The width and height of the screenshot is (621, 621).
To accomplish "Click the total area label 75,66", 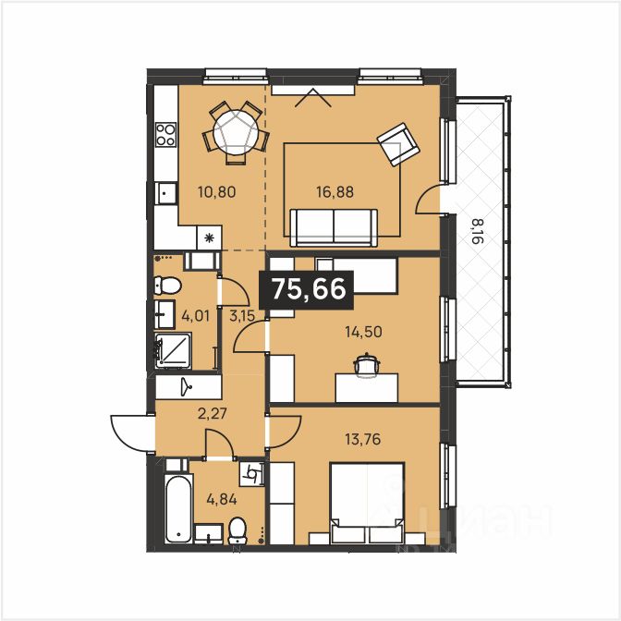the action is (x=310, y=288).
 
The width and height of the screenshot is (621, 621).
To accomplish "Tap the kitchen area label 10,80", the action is (x=217, y=192).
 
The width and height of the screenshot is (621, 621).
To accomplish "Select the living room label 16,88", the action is (x=335, y=192).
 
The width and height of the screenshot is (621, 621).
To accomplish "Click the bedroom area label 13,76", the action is (x=363, y=439).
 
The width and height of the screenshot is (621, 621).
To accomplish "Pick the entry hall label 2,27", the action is (x=213, y=414).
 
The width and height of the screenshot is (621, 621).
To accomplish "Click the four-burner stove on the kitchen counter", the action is (x=166, y=134).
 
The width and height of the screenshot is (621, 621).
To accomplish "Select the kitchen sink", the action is (x=166, y=193).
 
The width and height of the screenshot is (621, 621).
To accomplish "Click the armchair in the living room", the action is (x=397, y=144).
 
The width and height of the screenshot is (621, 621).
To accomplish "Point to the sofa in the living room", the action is (x=334, y=227).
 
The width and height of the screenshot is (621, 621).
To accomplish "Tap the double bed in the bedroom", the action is (x=367, y=503).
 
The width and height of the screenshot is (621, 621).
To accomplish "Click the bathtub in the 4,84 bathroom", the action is (x=178, y=509).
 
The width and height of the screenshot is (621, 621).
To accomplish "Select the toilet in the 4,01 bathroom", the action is (x=167, y=286).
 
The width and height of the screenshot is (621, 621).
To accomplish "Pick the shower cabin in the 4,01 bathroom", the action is (x=173, y=351).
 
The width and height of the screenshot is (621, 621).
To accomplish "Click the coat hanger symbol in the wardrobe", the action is (x=186, y=386).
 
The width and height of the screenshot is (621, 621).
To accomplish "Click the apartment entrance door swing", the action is (x=133, y=433).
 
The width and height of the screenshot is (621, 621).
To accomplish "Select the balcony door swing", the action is (x=428, y=200).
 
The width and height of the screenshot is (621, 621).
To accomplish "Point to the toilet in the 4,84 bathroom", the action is (x=237, y=530).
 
